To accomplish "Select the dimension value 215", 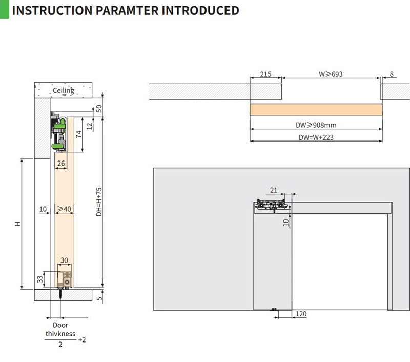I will pyautogui.click(x=265, y=74).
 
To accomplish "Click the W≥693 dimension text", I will pyautogui.click(x=330, y=74).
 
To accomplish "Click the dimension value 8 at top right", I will pyautogui.click(x=392, y=74).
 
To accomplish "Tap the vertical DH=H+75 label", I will pyautogui.click(x=99, y=202).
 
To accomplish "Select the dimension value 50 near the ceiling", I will pyautogui.click(x=99, y=109).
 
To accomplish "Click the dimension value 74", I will pyautogui.click(x=79, y=134).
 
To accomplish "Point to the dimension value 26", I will pyautogui.click(x=61, y=164).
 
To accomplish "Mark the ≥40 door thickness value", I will pyautogui.click(x=64, y=209).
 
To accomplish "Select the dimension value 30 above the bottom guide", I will pyautogui.click(x=64, y=260).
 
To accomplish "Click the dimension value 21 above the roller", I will pyautogui.click(x=274, y=190).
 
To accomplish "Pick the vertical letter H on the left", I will pyautogui.click(x=17, y=224).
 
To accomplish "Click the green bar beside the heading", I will pyautogui.click(x=4, y=9).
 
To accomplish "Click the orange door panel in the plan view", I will pyautogui.click(x=316, y=110).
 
